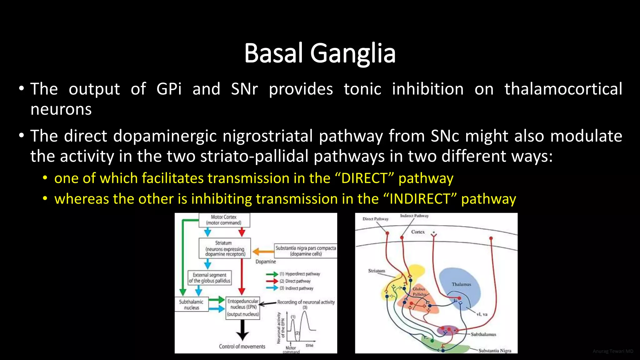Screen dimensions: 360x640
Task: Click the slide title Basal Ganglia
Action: [320, 53]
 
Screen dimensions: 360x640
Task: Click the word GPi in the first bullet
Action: [169, 89]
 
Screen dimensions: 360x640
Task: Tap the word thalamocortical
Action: [563, 89]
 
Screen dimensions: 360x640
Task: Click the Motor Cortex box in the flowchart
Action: [224, 220]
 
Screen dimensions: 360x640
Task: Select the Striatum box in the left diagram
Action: [224, 248]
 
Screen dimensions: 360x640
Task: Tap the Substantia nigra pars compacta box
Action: [305, 251]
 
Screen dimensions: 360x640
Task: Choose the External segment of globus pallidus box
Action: [209, 278]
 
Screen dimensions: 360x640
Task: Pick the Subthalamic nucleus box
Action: [191, 305]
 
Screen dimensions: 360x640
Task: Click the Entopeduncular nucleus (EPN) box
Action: [243, 308]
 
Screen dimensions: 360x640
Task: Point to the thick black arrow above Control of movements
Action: [242, 330]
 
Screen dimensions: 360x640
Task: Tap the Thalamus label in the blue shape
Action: [461, 284]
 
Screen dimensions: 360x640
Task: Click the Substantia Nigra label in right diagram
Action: [495, 351]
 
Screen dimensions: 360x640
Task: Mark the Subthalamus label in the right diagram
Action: [483, 334]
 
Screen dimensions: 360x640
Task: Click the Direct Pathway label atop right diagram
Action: [375, 219]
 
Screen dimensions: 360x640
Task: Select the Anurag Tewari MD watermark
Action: [612, 351]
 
